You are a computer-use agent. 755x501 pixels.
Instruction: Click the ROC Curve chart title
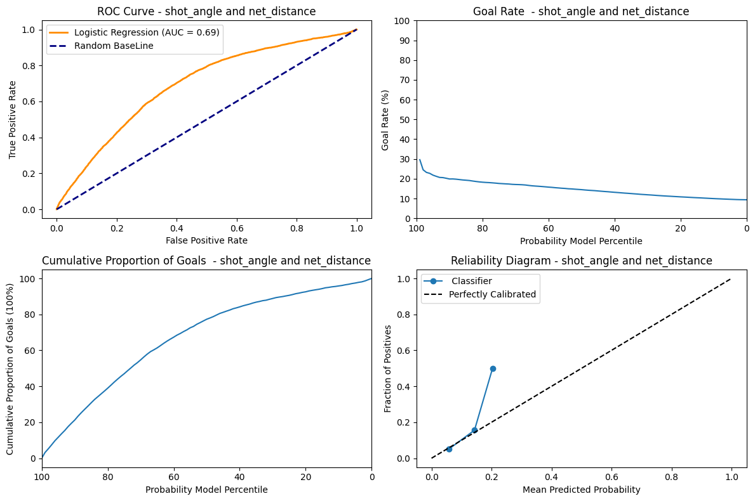click(206, 11)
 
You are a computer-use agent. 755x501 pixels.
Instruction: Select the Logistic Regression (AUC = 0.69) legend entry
click(147, 32)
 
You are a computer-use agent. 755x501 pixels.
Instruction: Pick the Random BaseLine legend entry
click(114, 46)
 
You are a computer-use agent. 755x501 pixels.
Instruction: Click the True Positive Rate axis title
click(13, 119)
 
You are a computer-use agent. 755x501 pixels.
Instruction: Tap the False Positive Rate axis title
click(206, 240)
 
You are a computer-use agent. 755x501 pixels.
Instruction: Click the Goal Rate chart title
click(581, 11)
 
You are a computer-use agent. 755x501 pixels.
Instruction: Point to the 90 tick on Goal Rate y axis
click(404, 41)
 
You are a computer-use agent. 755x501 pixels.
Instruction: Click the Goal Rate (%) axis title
click(385, 119)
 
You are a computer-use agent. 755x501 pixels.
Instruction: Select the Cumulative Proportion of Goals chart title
click(206, 261)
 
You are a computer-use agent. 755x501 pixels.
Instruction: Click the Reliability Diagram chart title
click(581, 261)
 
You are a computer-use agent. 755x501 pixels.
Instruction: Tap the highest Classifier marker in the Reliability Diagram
click(493, 368)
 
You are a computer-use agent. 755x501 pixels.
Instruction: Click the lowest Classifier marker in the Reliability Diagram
click(449, 449)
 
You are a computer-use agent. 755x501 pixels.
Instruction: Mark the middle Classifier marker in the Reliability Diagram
click(474, 430)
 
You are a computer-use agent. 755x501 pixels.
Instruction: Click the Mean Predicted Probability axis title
click(581, 490)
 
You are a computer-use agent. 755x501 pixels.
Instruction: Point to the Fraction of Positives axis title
click(388, 368)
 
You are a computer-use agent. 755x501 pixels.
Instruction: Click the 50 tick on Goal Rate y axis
click(404, 119)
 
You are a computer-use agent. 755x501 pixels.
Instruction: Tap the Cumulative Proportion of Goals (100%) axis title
click(11, 368)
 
